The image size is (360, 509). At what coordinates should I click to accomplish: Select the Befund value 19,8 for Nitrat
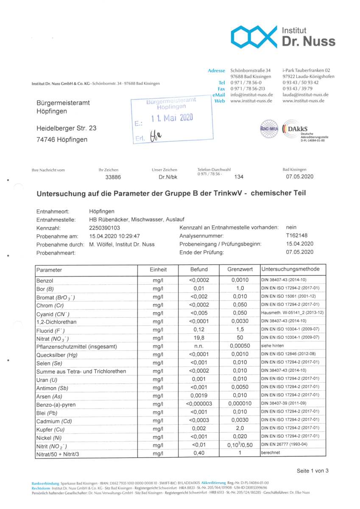tap(199, 338)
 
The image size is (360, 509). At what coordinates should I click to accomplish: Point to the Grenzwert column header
tap(240, 269)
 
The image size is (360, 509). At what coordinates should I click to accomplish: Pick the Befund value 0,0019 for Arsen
tap(199, 396)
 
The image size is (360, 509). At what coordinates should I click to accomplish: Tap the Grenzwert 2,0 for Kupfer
tap(240, 428)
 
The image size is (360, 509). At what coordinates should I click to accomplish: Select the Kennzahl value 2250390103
tap(106, 228)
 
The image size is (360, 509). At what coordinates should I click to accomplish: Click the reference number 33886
tap(113, 177)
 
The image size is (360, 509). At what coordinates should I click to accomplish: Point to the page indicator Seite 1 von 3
tap(313, 470)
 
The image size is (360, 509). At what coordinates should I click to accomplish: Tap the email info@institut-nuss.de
tap(251, 95)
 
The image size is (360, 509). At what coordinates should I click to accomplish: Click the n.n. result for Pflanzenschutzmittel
tap(199, 346)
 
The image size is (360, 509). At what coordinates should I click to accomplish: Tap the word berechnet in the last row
tap(271, 453)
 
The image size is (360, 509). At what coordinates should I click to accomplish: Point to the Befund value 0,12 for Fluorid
tap(199, 330)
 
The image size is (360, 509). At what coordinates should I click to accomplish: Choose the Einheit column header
tap(158, 269)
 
